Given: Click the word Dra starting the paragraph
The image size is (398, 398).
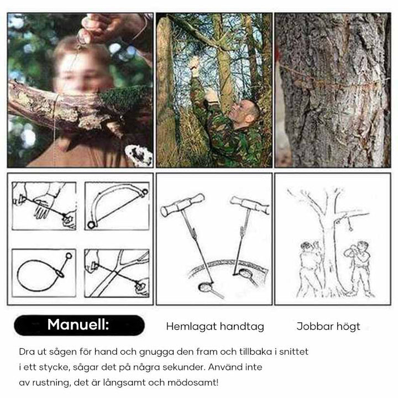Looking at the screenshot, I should [26, 352].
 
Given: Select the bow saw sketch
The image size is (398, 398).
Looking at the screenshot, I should [116, 206].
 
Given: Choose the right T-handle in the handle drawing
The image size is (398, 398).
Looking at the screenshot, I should [250, 205].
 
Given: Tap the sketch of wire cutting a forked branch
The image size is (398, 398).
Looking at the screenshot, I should [116, 273].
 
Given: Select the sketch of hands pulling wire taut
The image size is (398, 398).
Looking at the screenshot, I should [44, 206].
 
